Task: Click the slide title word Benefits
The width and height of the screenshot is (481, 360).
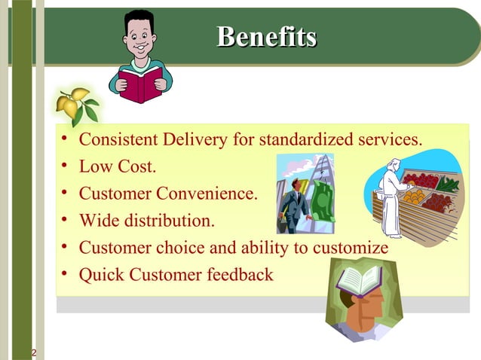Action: coord(266,36)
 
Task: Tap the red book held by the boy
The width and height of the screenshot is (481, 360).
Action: coord(141,84)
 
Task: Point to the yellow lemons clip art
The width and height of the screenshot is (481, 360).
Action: coord(75,105)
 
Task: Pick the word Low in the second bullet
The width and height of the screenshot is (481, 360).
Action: coord(94,166)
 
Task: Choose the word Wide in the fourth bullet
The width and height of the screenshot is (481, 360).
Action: coord(98,221)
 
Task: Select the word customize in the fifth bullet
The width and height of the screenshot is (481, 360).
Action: coord(351,248)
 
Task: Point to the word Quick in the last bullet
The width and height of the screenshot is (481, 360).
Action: coord(101,275)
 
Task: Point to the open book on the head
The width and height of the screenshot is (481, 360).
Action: coord(360,279)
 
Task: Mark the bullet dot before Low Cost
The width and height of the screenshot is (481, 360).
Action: coord(66,166)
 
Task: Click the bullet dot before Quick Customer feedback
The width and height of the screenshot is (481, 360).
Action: coord(66,275)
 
